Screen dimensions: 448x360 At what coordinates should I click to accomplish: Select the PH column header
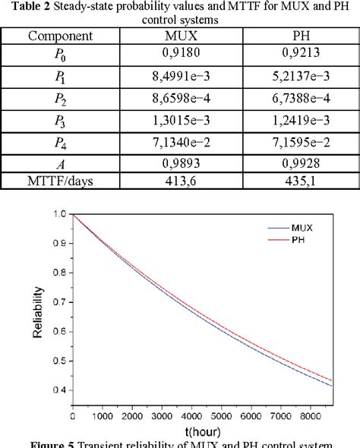tap(302, 35)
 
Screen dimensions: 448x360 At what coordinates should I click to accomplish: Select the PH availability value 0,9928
tap(302, 163)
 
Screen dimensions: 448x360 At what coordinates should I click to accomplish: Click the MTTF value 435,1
tap(302, 182)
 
